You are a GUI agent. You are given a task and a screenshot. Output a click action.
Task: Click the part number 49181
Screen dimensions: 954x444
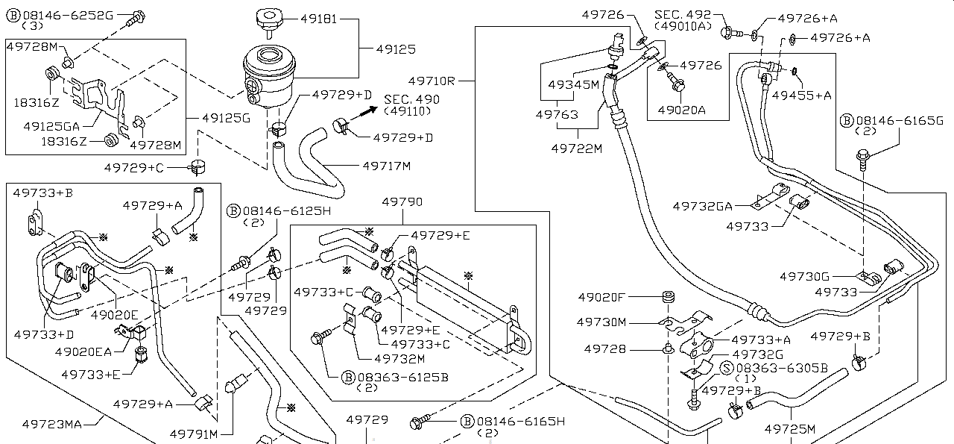click(x=318, y=19)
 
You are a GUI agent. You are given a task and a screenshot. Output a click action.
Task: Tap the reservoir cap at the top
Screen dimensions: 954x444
click(x=270, y=22)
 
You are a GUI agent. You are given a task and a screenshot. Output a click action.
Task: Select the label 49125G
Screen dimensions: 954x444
click(x=226, y=118)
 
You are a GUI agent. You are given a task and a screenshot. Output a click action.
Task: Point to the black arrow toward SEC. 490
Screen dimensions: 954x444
click(x=364, y=113)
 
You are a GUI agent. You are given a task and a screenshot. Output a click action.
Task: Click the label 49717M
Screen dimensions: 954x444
click(x=387, y=166)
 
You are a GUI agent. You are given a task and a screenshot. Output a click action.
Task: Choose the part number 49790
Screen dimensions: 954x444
click(x=402, y=201)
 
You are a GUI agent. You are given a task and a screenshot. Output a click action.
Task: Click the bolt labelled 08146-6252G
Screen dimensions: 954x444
click(x=136, y=18)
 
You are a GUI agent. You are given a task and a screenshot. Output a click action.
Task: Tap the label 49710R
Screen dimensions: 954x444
click(x=432, y=81)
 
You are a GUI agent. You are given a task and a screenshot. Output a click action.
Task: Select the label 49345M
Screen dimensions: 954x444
click(x=573, y=84)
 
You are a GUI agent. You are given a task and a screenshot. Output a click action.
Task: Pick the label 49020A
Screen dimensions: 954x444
click(x=681, y=110)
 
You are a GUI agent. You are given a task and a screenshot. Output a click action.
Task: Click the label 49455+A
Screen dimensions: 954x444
click(x=801, y=95)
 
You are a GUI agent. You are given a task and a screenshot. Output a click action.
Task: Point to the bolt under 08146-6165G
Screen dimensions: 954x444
click(x=863, y=160)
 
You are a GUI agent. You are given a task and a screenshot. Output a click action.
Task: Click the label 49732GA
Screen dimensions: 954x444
click(x=702, y=207)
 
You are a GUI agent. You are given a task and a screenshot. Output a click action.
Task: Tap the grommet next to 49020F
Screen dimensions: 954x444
click(x=669, y=297)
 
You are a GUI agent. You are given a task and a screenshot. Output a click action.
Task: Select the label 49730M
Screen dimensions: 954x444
click(x=601, y=322)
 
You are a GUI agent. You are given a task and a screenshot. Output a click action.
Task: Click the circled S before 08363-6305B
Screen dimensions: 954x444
click(x=727, y=368)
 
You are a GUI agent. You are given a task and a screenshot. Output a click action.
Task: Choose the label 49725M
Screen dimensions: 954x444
click(x=790, y=429)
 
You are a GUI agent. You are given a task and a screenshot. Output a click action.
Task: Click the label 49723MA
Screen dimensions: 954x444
click(x=51, y=425)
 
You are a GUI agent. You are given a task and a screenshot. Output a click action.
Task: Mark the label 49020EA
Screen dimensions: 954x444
click(x=83, y=352)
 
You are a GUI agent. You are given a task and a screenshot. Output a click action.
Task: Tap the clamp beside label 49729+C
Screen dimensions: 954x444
click(x=197, y=166)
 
